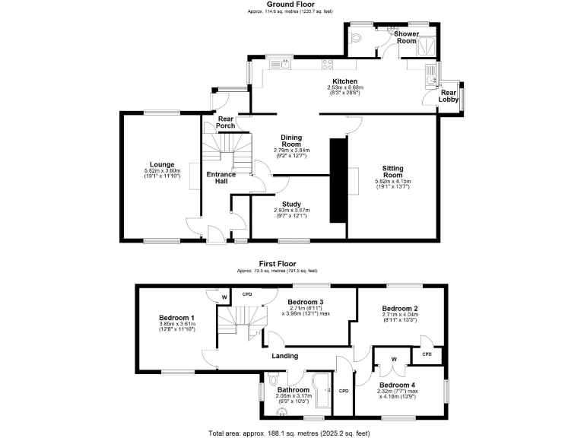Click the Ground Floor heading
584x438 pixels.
coord(291,5)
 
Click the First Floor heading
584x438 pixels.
coord(277,264)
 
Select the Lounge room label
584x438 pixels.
coord(162,164)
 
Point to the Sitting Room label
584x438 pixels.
coord(393,171)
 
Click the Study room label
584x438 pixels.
coord(292,205)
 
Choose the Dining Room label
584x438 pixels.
coord(292,140)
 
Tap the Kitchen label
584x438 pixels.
coord(345,81)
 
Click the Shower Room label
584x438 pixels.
coord(406,37)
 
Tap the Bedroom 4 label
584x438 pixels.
coord(398,384)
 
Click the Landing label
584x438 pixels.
coord(285,355)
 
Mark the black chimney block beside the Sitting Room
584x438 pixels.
coord(337,180)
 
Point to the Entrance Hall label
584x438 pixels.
coord(221,177)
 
